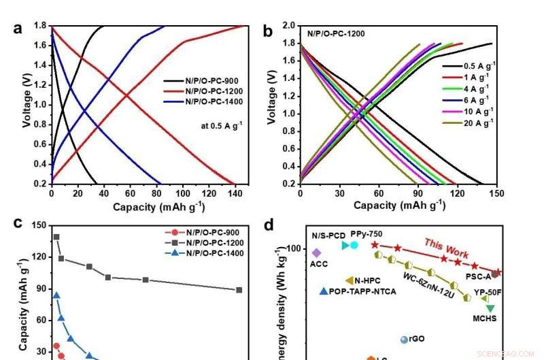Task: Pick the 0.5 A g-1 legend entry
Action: pyautogui.click(x=475, y=67)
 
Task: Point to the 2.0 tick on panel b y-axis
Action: pyautogui.click(x=288, y=26)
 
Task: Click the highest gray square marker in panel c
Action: pyautogui.click(x=56, y=238)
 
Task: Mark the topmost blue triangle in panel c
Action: pyautogui.click(x=56, y=296)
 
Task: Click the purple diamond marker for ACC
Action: pyautogui.click(x=316, y=252)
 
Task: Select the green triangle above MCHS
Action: pyautogui.click(x=490, y=308)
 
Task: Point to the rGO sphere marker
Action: pyautogui.click(x=404, y=340)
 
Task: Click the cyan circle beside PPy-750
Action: pyautogui.click(x=354, y=245)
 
